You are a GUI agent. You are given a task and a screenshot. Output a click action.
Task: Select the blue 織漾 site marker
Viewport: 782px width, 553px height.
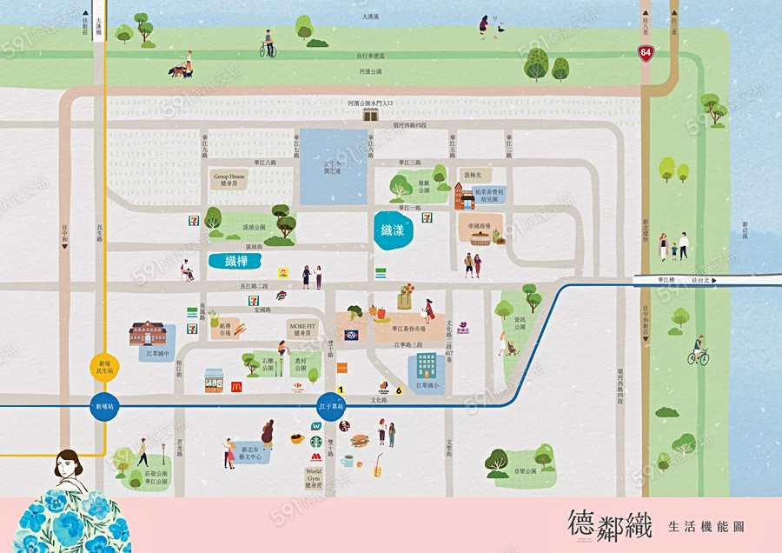tap(393, 230)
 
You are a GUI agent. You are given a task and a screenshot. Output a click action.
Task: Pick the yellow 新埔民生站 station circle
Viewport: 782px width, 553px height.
tap(103, 369)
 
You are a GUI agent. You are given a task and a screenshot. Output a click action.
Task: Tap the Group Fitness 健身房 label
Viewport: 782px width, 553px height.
tap(229, 179)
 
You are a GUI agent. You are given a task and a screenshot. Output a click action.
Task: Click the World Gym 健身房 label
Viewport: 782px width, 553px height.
tap(313, 477)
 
